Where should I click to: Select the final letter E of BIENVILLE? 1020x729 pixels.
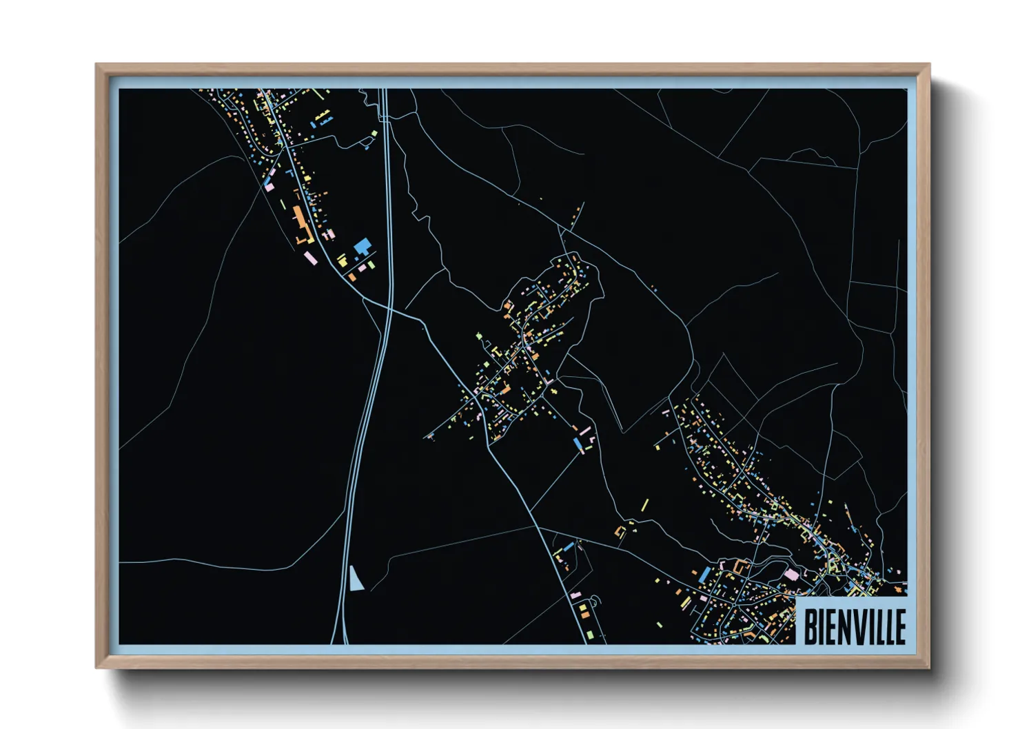click(899, 626)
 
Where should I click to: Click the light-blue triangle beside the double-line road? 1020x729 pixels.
click(356, 580)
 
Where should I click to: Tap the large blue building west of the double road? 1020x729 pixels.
click(362, 245)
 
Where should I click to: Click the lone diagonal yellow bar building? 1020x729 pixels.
click(645, 505)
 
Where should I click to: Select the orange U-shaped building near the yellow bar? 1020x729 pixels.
click(620, 531)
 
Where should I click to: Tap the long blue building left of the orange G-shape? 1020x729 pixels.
click(705, 574)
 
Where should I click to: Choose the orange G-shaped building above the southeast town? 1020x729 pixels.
click(742, 566)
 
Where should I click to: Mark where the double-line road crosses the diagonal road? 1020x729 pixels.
click(388, 309)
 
